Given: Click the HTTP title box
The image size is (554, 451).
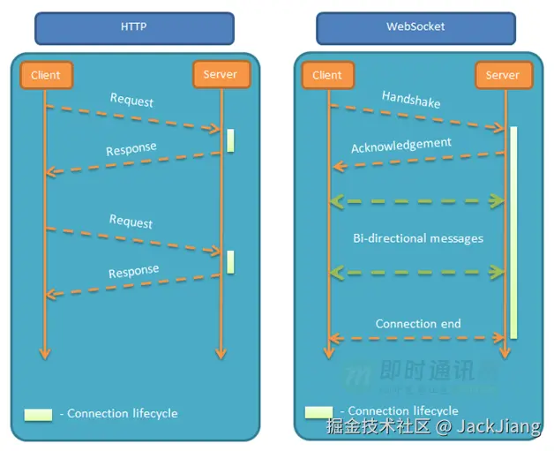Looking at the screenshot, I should click(x=133, y=27).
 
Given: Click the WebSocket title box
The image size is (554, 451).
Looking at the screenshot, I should click(x=415, y=27).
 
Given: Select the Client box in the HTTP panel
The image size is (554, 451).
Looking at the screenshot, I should click(x=45, y=75).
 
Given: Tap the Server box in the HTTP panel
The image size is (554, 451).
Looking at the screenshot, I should click(x=221, y=75).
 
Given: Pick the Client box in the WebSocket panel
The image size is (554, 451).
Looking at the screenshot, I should click(x=327, y=75).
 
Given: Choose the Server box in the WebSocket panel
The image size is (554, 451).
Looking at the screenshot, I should click(x=503, y=75).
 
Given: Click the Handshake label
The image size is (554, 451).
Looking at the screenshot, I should click(x=411, y=99).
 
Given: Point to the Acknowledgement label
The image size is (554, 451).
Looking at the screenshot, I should click(x=401, y=145).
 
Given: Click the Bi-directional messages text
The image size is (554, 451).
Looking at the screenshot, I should click(x=418, y=238).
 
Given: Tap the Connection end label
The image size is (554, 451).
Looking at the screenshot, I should click(x=418, y=324).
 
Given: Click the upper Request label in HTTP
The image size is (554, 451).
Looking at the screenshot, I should click(x=131, y=100).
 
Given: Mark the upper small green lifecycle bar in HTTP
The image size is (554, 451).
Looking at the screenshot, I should click(x=230, y=140).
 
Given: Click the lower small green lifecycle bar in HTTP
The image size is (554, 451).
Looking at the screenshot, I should click(x=230, y=261).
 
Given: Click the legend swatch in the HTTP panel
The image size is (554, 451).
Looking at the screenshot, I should click(x=39, y=414).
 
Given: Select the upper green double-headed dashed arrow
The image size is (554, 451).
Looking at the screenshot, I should click(x=417, y=201).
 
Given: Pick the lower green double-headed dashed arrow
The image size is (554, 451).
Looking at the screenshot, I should click(x=417, y=274).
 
